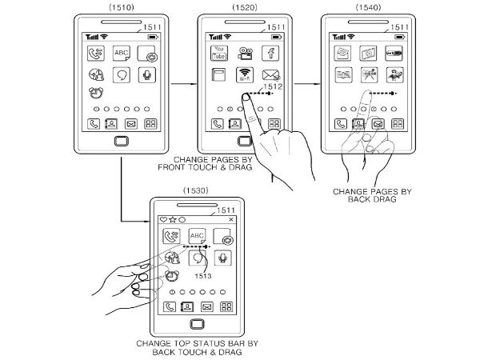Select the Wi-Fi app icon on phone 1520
pos(246,78)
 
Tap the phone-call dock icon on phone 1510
pos(94,124)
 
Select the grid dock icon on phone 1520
pos(273,124)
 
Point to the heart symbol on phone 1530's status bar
pos(164,218)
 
